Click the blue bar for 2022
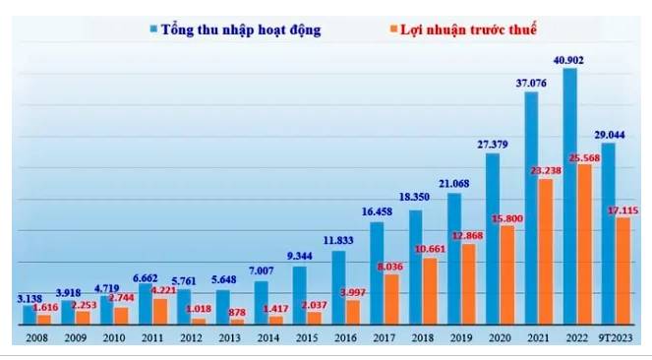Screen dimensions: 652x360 570,196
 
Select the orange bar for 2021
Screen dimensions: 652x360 546,252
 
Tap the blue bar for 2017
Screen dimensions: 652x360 377,273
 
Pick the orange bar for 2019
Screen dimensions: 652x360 469,284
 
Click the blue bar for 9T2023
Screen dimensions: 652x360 609,234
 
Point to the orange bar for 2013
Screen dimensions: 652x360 237,322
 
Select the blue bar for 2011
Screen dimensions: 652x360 146,304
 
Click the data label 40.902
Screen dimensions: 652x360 568,60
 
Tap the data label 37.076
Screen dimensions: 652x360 531,84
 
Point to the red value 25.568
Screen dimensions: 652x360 584,158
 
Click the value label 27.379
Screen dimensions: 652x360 492,145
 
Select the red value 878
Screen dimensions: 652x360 237,312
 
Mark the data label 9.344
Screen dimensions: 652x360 299,256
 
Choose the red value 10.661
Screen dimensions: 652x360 430,249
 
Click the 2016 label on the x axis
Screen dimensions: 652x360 345,338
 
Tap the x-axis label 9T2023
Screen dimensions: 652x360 615,338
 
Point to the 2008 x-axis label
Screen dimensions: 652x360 36,338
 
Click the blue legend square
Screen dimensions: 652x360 153,30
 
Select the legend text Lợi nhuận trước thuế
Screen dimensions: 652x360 468,30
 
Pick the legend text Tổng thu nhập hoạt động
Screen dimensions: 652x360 241,30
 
